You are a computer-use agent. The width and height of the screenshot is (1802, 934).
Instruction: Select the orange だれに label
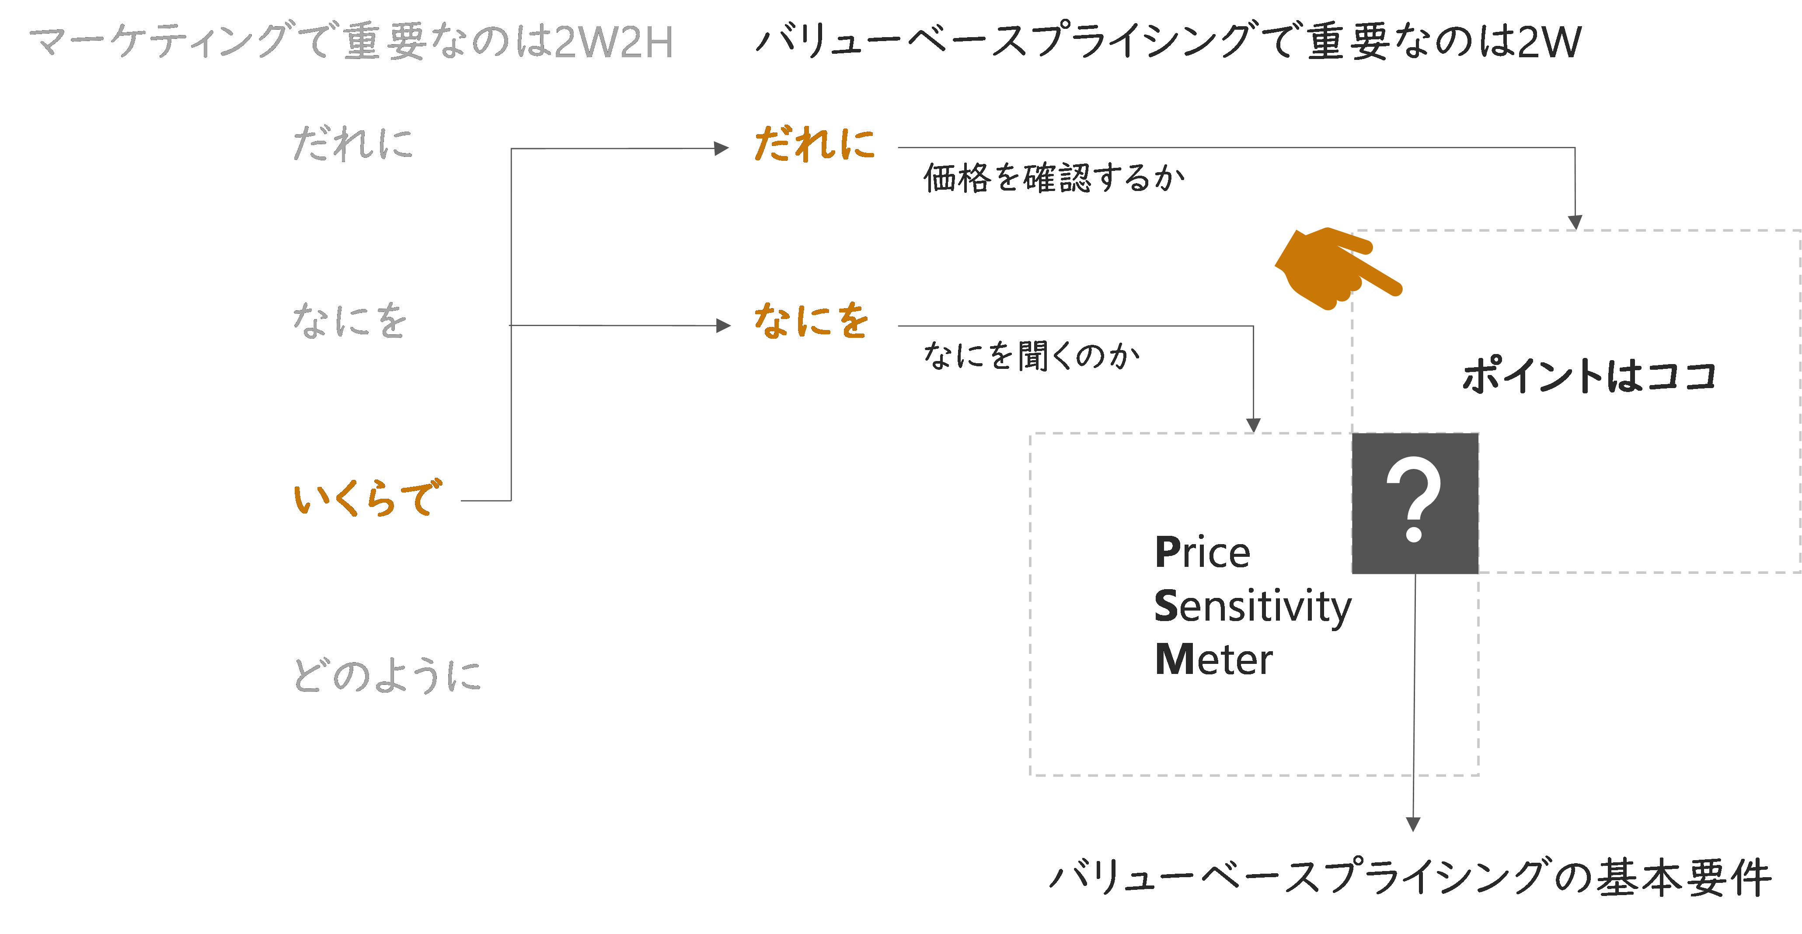pyautogui.click(x=814, y=145)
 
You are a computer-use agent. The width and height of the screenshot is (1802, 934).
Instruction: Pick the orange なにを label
pyautogui.click(x=812, y=322)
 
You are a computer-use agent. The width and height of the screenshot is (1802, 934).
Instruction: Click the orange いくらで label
pyautogui.click(x=367, y=498)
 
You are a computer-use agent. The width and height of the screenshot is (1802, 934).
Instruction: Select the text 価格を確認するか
pyautogui.click(x=1054, y=177)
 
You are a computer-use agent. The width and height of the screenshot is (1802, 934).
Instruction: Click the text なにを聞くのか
pyautogui.click(x=1032, y=356)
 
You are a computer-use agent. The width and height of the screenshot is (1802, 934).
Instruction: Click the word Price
pyautogui.click(x=1202, y=552)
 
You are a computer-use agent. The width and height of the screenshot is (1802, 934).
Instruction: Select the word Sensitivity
pyautogui.click(x=1252, y=606)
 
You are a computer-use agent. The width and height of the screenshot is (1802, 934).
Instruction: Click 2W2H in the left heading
pyautogui.click(x=613, y=42)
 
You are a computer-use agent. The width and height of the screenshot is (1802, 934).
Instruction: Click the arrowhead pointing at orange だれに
pyautogui.click(x=722, y=148)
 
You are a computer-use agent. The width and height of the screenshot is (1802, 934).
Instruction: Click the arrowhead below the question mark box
pyautogui.click(x=1413, y=824)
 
